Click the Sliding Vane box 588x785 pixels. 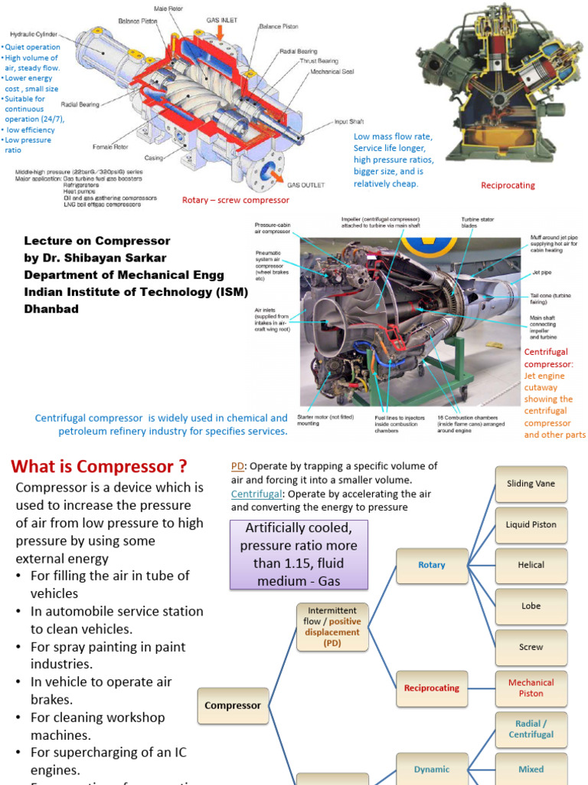point(531,484)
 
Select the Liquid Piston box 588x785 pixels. point(531,525)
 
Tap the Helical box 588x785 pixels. point(531,565)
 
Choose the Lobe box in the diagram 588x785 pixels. point(531,606)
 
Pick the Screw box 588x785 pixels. point(531,647)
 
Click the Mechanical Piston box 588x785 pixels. point(531,688)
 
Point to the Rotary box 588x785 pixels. point(432,565)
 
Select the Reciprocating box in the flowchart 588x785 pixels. point(432,688)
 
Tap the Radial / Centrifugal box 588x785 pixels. point(531,729)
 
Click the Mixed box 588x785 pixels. point(531,769)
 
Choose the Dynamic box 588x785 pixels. point(432,769)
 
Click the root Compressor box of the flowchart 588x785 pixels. point(233,705)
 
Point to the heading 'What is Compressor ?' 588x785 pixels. point(99,467)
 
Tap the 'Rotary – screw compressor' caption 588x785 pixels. point(236,200)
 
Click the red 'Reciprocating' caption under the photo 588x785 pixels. point(508,186)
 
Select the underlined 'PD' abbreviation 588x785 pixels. point(237,466)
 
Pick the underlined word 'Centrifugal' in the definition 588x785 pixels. point(256,494)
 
